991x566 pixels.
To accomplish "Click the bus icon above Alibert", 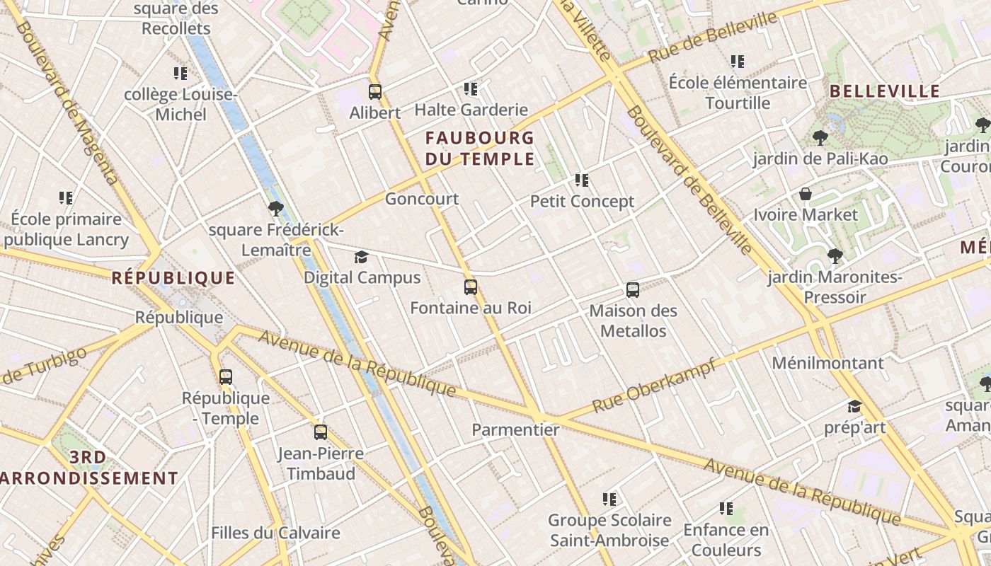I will [375, 92].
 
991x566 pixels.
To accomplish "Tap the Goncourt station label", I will [422, 199].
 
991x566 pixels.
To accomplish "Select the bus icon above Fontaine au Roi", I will [471, 287].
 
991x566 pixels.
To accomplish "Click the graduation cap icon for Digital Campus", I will [362, 257].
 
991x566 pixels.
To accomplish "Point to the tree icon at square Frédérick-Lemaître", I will [276, 209].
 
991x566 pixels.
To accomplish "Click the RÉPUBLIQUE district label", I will [173, 278].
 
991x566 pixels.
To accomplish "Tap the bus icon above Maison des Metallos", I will [633, 290].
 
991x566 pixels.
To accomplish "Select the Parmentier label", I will [515, 429].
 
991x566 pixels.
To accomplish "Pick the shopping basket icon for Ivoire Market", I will [806, 194].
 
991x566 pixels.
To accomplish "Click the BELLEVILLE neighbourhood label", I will [885, 91].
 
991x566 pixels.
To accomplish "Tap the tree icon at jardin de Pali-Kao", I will [820, 137].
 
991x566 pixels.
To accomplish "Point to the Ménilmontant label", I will [827, 363].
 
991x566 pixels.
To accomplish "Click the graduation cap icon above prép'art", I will [855, 407].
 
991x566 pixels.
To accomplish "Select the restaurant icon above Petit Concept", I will [582, 180].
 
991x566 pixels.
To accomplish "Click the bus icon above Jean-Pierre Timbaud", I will [321, 432].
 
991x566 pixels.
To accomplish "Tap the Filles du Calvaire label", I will [275, 533].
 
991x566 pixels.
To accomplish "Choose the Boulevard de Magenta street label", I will [68, 103].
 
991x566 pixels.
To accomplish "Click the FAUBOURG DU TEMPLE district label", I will [480, 148].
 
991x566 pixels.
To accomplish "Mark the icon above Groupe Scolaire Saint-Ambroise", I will [609, 499].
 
